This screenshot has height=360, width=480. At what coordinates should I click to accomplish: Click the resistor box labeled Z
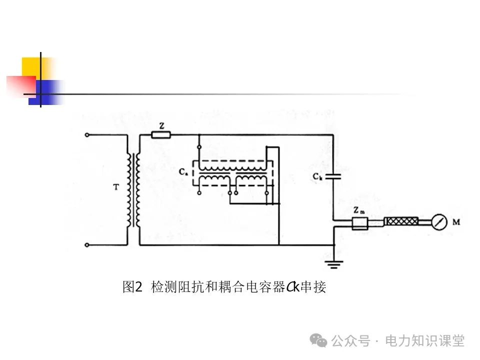tap(161, 134)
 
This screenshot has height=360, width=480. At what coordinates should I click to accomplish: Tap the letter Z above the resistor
tap(160, 125)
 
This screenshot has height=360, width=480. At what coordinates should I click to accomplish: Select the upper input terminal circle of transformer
tap(87, 134)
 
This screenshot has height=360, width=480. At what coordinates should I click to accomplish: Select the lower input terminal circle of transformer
tap(87, 245)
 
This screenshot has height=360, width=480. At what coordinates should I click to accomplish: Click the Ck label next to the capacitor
tap(317, 176)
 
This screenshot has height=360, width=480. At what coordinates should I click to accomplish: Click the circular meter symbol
tap(438, 222)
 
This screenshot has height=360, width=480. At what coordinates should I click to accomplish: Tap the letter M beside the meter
tap(456, 222)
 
